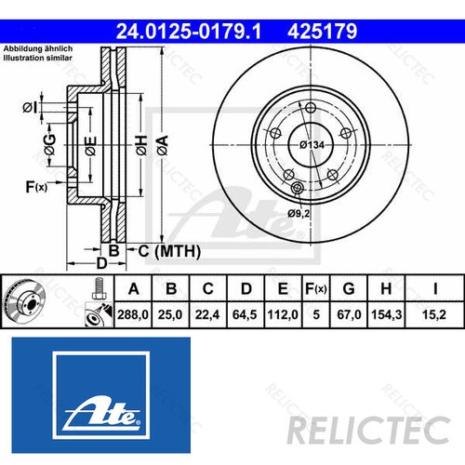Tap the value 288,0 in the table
(134, 315)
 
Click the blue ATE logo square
(100, 391)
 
